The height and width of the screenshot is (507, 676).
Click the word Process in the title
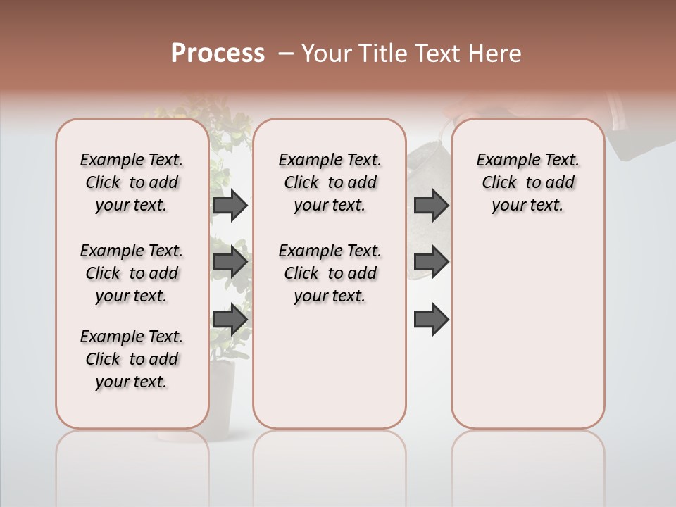tap(218, 54)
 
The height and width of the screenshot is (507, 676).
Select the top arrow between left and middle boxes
tap(230, 206)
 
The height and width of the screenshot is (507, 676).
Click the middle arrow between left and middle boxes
tap(230, 262)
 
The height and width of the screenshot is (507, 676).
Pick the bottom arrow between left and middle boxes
tap(230, 318)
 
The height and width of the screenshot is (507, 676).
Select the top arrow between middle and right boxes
tap(431, 206)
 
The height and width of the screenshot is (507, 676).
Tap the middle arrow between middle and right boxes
tap(431, 262)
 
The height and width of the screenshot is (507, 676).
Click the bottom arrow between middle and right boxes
tap(431, 320)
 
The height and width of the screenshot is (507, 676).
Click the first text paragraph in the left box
tap(132, 182)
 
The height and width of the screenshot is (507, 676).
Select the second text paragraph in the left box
tap(132, 273)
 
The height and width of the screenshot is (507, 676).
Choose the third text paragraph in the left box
tap(132, 359)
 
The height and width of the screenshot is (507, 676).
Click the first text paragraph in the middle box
tap(330, 182)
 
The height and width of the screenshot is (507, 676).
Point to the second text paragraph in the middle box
tap(330, 273)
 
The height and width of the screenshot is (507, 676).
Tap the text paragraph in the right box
tap(527, 182)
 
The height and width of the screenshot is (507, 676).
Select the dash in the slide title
tap(287, 54)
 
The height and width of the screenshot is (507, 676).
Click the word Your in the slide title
tap(327, 54)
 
